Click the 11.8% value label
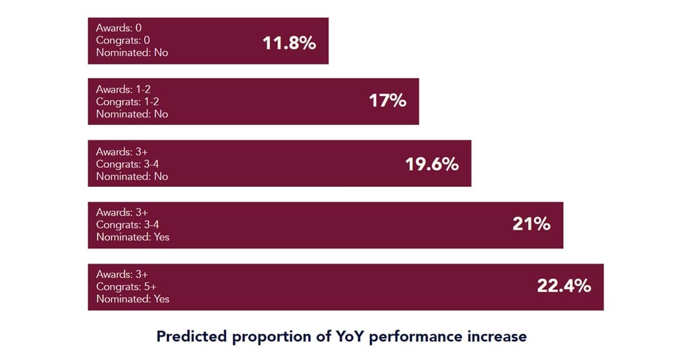click(289, 43)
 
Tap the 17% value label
click(388, 101)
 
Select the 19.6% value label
click(432, 165)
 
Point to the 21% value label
click(531, 224)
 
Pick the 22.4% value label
click(564, 286)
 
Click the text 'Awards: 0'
click(118, 28)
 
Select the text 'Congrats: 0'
click(123, 41)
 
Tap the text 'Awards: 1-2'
click(123, 90)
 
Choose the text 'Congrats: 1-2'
click(127, 102)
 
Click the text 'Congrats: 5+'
click(124, 287)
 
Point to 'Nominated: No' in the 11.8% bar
click(132, 53)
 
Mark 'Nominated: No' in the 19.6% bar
click(132, 177)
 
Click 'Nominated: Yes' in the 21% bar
click(133, 237)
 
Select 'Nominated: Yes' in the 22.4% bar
click(133, 299)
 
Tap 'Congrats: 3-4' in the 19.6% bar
click(128, 164)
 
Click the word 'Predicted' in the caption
click(191, 337)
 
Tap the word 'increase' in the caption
click(497, 337)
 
